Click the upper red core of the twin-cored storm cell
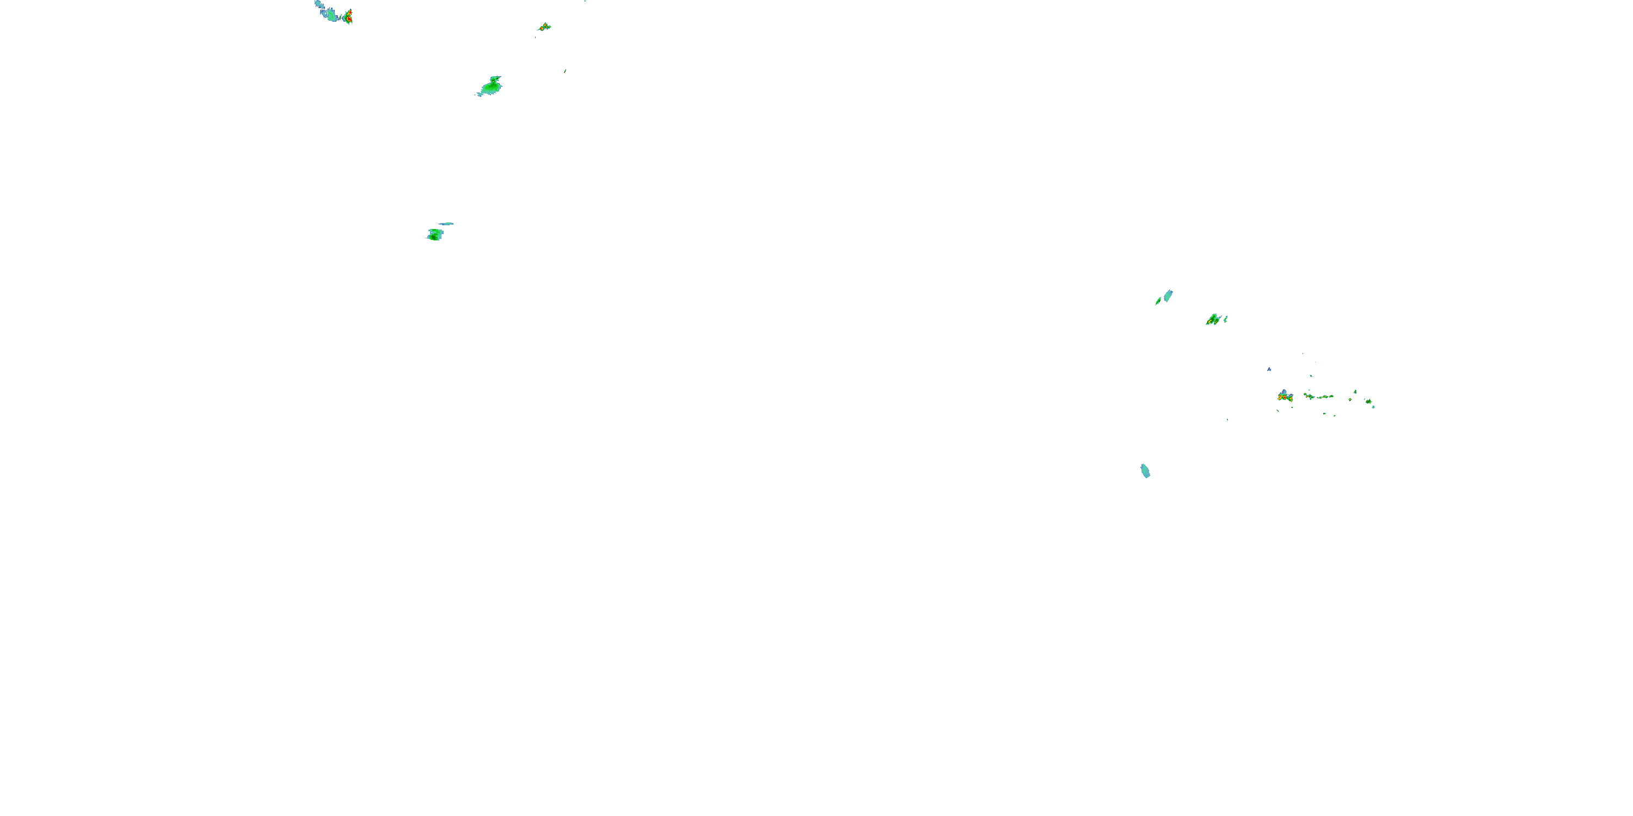[x=349, y=12]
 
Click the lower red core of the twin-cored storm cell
[x=348, y=20]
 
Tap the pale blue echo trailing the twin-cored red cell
[x=330, y=13]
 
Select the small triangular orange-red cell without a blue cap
[x=544, y=27]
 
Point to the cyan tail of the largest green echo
[x=481, y=94]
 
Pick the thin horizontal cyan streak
[x=446, y=224]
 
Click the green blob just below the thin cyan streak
[x=435, y=235]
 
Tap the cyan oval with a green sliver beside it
[x=1168, y=296]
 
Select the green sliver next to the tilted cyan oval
[x=1158, y=301]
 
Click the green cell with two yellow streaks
[x=1213, y=320]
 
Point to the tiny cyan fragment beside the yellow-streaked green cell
[x=1225, y=319]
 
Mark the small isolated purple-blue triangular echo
[x=1269, y=369]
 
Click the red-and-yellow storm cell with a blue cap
[x=1285, y=397]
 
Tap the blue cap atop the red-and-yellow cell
[x=1284, y=392]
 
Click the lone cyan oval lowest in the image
[x=1145, y=471]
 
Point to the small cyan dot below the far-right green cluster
[x=1373, y=407]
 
